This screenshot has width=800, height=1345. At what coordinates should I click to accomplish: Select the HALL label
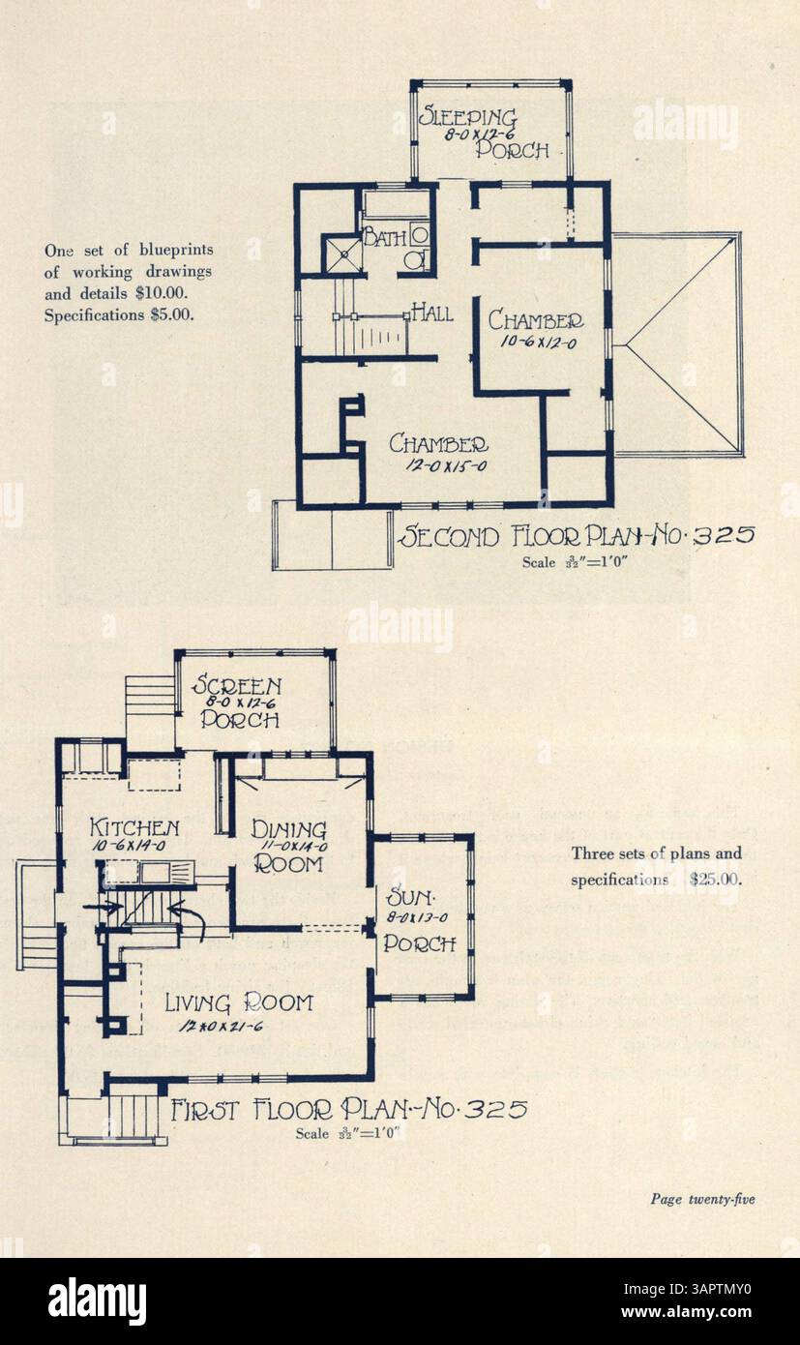pos(431,312)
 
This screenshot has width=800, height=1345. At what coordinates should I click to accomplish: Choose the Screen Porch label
pos(238,702)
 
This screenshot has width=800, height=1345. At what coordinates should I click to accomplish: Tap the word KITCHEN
pos(134,827)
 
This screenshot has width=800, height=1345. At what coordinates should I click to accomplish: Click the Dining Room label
pos(288,846)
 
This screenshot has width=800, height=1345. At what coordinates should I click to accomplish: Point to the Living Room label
pos(238,1002)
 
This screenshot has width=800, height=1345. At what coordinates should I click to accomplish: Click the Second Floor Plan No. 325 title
pos(575,535)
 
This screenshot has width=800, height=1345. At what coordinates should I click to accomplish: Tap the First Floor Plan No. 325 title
pos(348,1109)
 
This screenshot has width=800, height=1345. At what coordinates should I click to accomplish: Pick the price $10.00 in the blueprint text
pos(172,290)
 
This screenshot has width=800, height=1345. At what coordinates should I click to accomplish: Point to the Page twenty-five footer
pos(702,1200)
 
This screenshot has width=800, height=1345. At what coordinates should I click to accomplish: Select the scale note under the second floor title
pos(577,561)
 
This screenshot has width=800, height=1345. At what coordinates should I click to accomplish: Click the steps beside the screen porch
pos(150,699)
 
